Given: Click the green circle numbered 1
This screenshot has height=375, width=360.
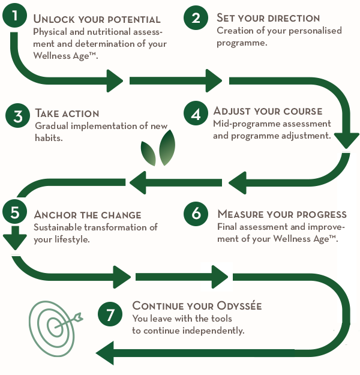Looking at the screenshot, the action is tap(14, 16).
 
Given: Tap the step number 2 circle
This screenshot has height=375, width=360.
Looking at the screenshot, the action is tap(196, 18).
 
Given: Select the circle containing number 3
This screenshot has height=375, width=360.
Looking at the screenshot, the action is tap(18, 116).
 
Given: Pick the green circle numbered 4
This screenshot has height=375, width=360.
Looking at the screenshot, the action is tap(196, 113).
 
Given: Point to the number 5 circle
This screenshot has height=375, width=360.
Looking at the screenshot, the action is tap(14, 212).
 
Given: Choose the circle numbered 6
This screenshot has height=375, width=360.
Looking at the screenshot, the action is tap(196, 214).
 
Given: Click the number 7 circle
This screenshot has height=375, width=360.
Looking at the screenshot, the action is tap(110, 314).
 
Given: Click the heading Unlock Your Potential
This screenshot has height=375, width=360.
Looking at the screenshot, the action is tap(97, 19).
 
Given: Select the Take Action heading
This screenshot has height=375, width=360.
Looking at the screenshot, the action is tap(67, 113).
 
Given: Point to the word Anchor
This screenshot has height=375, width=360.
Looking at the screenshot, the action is tap(55, 215).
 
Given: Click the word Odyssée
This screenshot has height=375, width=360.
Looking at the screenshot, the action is tap(239, 305).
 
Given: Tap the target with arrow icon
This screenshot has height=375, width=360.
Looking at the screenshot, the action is tap(55, 328).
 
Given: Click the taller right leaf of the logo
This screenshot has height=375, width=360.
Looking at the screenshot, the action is tap(167, 148).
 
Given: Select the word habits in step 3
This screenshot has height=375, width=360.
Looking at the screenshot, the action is tap(49, 138).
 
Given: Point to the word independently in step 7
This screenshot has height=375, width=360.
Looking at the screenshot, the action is tap(214, 331).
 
